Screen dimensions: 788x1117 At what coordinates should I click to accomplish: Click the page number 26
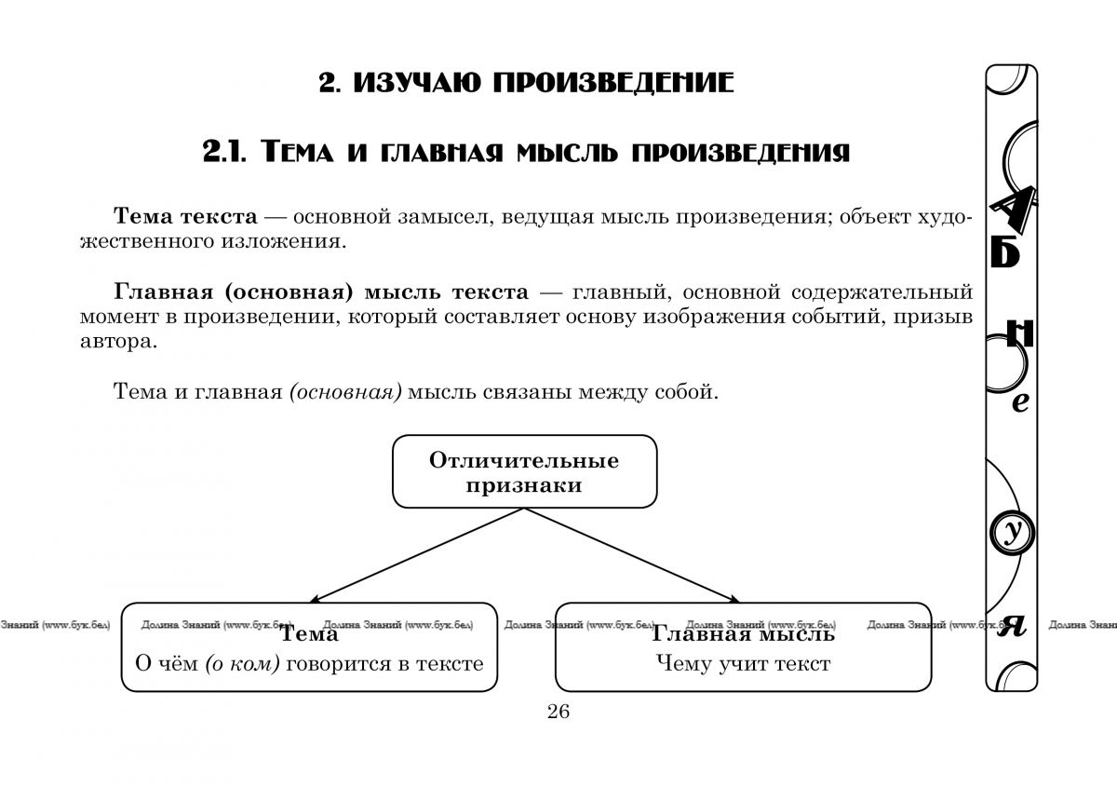[558, 713]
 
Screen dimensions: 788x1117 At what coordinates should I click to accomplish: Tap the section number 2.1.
[222, 152]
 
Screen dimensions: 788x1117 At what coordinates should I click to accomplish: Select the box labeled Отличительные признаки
[524, 472]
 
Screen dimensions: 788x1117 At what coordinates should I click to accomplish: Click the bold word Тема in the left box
[310, 635]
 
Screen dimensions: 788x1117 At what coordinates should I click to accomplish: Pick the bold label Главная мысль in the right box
[743, 635]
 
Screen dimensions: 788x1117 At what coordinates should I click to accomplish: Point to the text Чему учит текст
[743, 664]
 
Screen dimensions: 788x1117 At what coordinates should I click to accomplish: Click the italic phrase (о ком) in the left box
[242, 664]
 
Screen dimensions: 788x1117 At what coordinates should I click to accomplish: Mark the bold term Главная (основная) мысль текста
[320, 292]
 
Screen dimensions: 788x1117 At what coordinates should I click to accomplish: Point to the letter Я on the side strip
[1012, 627]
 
